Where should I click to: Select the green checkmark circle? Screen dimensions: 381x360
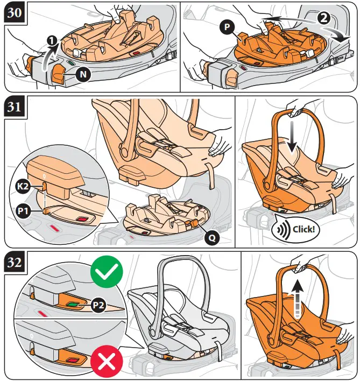pyautogui.click(x=107, y=273)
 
